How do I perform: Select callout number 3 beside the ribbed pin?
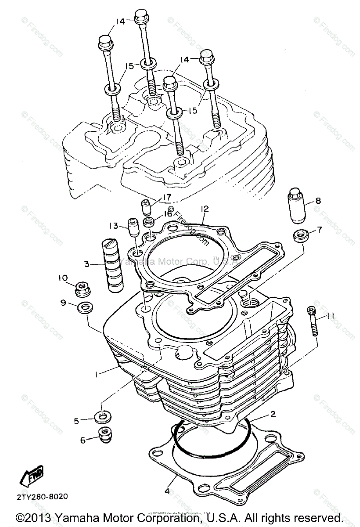coord(87,264)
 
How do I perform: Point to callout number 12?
coord(205,209)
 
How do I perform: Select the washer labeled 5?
coord(102,415)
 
